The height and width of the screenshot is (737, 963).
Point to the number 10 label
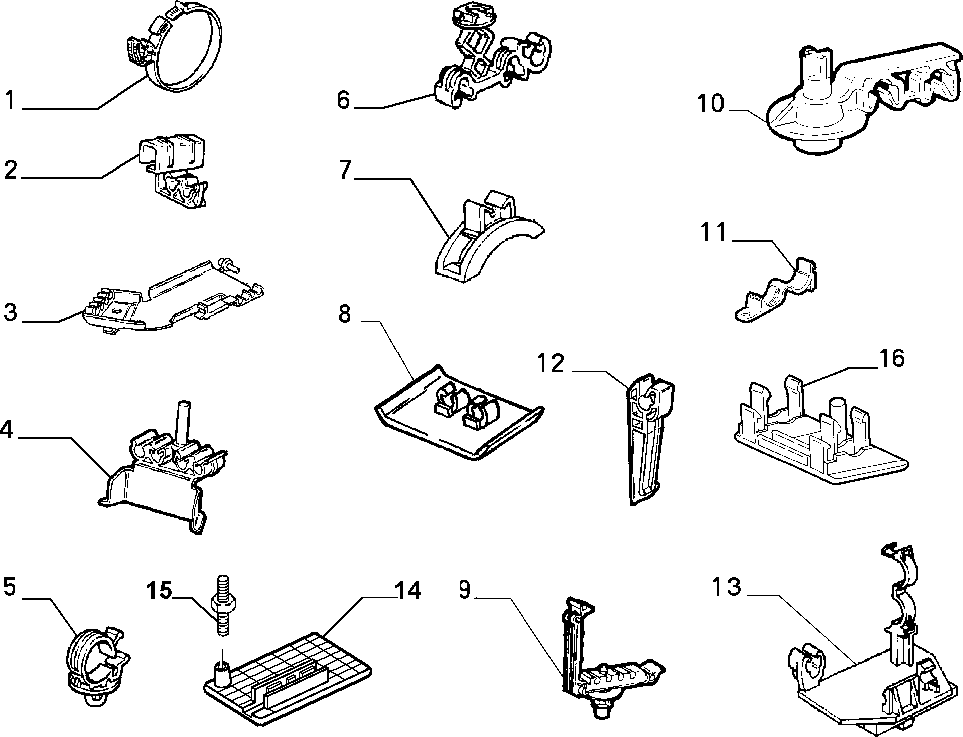(711, 104)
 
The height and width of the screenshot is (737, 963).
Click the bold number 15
(160, 590)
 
